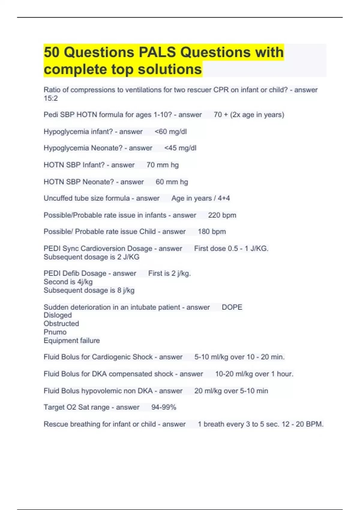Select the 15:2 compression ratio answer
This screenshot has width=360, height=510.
coord(50,98)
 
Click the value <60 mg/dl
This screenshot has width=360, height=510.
coord(170,132)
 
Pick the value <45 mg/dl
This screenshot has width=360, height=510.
coord(180,148)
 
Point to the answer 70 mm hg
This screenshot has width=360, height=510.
coord(162,165)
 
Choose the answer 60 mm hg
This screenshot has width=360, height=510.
coord(172,182)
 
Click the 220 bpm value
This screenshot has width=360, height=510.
coord(222,215)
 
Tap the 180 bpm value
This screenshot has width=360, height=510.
coord(212,232)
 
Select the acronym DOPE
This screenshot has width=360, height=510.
coord(232,307)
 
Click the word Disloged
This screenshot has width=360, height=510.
coord(58,315)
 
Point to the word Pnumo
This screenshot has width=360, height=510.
coord(55,332)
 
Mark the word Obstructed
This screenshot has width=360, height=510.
coord(61,324)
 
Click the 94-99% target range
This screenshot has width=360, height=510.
coord(163,407)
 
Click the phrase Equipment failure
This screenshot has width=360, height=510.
coord(72,341)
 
